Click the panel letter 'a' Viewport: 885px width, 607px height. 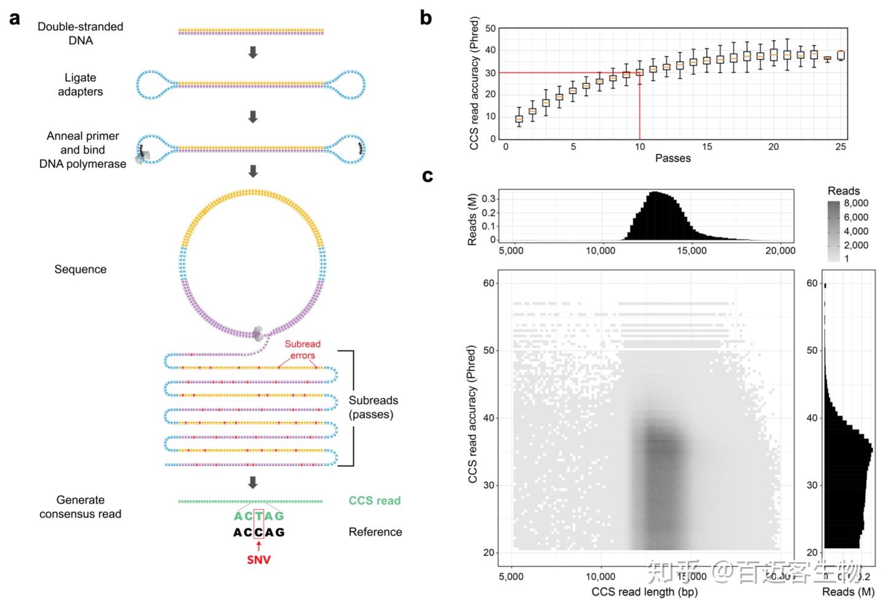point(15,18)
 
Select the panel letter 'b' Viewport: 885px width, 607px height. point(426,18)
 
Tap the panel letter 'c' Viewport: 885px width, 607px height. point(428,176)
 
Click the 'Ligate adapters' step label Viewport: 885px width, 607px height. point(81,85)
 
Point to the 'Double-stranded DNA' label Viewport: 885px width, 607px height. point(81,33)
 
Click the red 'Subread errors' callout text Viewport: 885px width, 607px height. point(302,350)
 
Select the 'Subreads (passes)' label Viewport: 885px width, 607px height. point(373,407)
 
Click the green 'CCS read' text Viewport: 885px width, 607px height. point(374,501)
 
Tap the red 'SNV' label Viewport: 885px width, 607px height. point(259,560)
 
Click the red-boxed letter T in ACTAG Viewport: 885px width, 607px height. point(259,516)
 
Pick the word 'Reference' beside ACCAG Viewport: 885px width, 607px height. point(375,532)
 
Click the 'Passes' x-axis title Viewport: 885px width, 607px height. point(672,159)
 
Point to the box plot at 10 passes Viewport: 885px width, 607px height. point(640,72)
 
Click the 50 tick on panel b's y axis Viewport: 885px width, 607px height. point(490,28)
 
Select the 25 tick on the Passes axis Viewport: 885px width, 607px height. point(840,147)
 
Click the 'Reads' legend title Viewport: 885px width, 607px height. point(843,191)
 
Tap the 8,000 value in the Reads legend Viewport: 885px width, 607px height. point(855,203)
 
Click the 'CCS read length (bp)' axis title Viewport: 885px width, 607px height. point(644,592)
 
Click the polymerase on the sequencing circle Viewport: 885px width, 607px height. point(258,334)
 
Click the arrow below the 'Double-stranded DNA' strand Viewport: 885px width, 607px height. point(252,53)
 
